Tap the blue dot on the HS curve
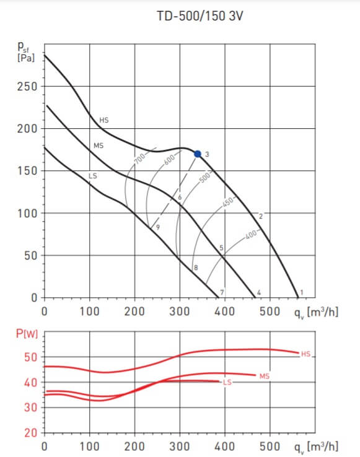(198, 154)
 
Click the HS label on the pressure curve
(104, 120)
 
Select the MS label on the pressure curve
(98, 146)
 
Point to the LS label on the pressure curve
(93, 176)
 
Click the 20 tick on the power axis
(31, 433)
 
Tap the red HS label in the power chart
(305, 354)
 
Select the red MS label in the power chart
(265, 376)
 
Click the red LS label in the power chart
(227, 382)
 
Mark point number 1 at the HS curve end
(302, 292)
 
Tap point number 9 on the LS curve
(158, 228)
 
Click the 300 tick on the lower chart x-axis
(180, 446)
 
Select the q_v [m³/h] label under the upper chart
(316, 310)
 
